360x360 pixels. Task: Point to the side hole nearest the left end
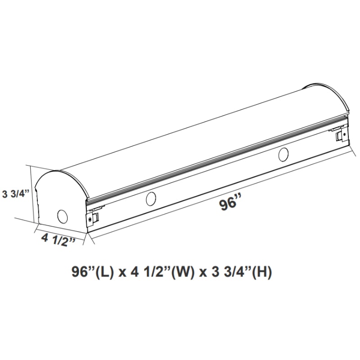[151, 198]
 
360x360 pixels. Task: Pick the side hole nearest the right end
[283, 154]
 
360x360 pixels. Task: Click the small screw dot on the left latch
[92, 217]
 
